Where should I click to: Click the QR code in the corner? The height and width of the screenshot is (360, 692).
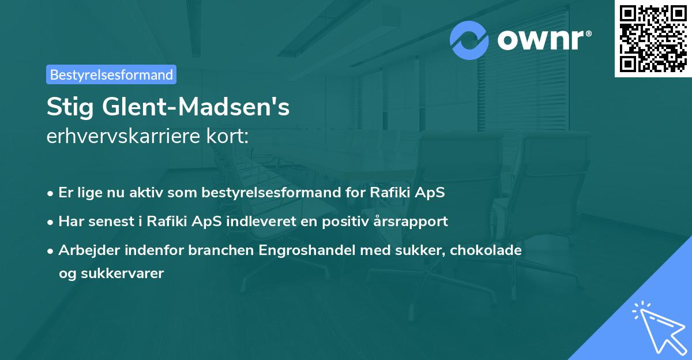tap(653, 38)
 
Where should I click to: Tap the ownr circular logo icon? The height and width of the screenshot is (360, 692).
tap(469, 40)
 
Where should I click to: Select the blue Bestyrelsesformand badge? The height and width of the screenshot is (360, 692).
tap(111, 74)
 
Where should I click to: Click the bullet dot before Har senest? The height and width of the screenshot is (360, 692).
tap(51, 222)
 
